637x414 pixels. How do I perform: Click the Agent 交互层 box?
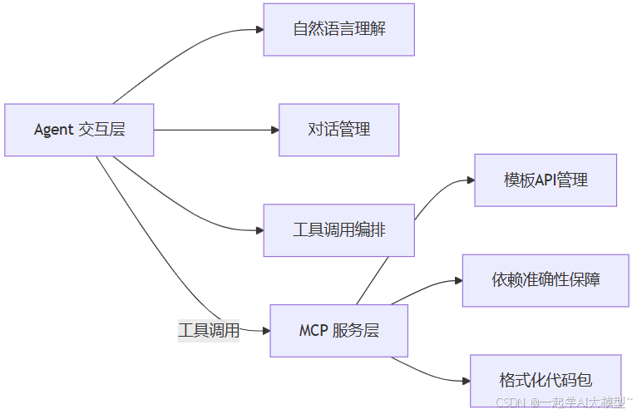79,130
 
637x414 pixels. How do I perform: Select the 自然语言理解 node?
338,30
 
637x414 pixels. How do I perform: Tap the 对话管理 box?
338,130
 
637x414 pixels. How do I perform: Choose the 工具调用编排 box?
338,230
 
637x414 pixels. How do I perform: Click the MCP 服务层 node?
338,331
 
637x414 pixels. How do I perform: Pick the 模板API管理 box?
546,180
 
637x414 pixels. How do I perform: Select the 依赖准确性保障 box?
546,280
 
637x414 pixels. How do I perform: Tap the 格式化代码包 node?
546,381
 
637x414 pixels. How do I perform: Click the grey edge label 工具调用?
209,331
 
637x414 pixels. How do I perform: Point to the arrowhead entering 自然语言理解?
259,30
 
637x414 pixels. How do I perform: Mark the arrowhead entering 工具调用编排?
259,230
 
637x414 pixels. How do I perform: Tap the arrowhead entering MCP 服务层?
265,331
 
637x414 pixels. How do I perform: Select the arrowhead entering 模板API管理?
470,180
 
